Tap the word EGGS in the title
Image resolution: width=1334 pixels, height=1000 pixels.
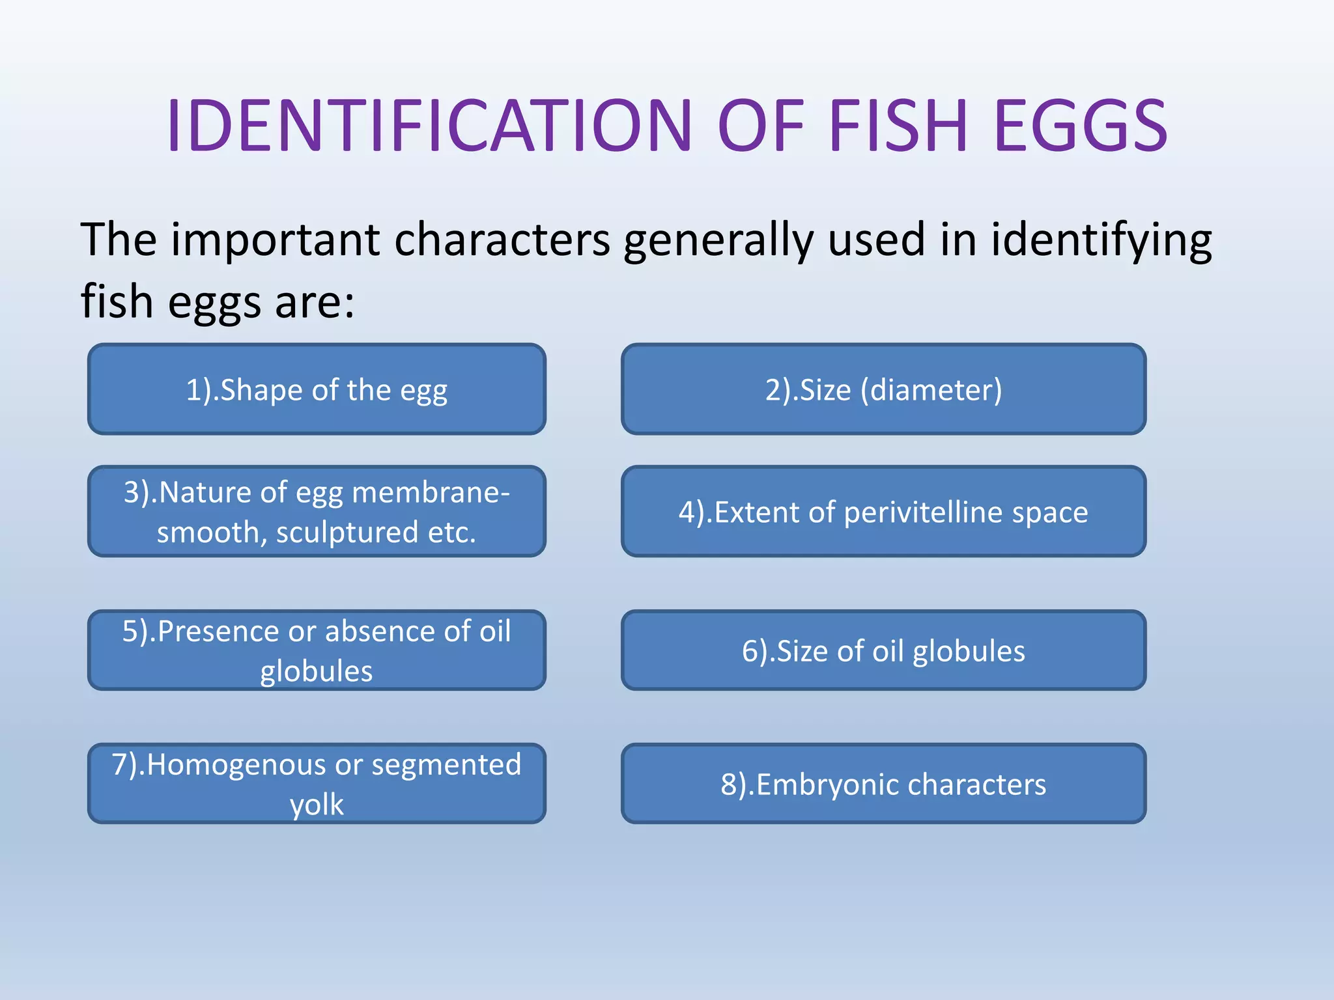(x=1081, y=126)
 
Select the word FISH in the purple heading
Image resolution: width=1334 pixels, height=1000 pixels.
(x=899, y=126)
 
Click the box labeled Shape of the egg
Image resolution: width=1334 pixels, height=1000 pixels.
(x=317, y=389)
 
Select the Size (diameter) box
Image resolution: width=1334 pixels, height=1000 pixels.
(x=883, y=389)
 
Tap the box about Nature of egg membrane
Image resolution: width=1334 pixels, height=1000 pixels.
(x=317, y=511)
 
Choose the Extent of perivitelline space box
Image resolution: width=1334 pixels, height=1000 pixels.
(x=883, y=511)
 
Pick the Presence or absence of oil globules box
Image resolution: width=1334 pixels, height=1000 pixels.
(x=317, y=650)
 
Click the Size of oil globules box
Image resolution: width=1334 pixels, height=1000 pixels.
(x=883, y=650)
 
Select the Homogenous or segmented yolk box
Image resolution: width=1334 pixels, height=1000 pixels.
(x=317, y=783)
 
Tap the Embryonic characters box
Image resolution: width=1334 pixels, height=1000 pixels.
(x=883, y=783)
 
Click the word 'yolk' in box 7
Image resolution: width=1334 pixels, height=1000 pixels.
(x=317, y=805)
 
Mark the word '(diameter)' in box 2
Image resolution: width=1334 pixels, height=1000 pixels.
(x=931, y=390)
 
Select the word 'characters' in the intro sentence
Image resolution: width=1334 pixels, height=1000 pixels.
(x=502, y=240)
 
